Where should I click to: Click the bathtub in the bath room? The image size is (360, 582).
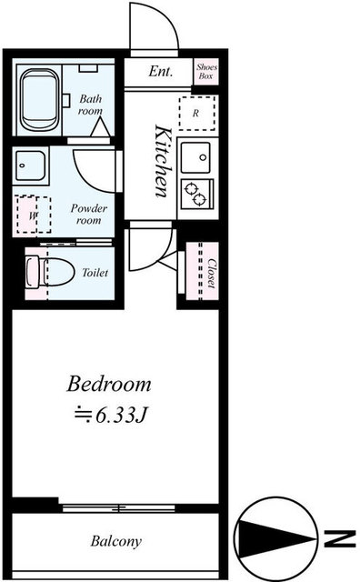point(39,100)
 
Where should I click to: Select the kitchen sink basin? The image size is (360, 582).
point(195,157)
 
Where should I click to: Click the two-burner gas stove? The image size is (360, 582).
point(196,194)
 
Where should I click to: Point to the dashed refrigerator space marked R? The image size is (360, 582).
point(196,113)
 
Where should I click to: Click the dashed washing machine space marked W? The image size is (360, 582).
point(34,215)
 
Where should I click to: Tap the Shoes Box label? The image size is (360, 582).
point(206,71)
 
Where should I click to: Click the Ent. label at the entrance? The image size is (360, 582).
point(161,71)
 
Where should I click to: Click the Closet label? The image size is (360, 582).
point(211,273)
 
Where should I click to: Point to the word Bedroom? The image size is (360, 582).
point(109,384)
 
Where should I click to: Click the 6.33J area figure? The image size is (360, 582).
point(111,416)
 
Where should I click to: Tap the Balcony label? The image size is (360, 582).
point(115,541)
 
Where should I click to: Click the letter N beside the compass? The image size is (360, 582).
point(340,539)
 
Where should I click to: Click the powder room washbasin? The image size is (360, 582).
point(30,166)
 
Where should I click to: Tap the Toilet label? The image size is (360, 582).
point(95,273)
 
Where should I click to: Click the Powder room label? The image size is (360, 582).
point(89,215)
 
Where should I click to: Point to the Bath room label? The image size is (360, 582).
point(90,105)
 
